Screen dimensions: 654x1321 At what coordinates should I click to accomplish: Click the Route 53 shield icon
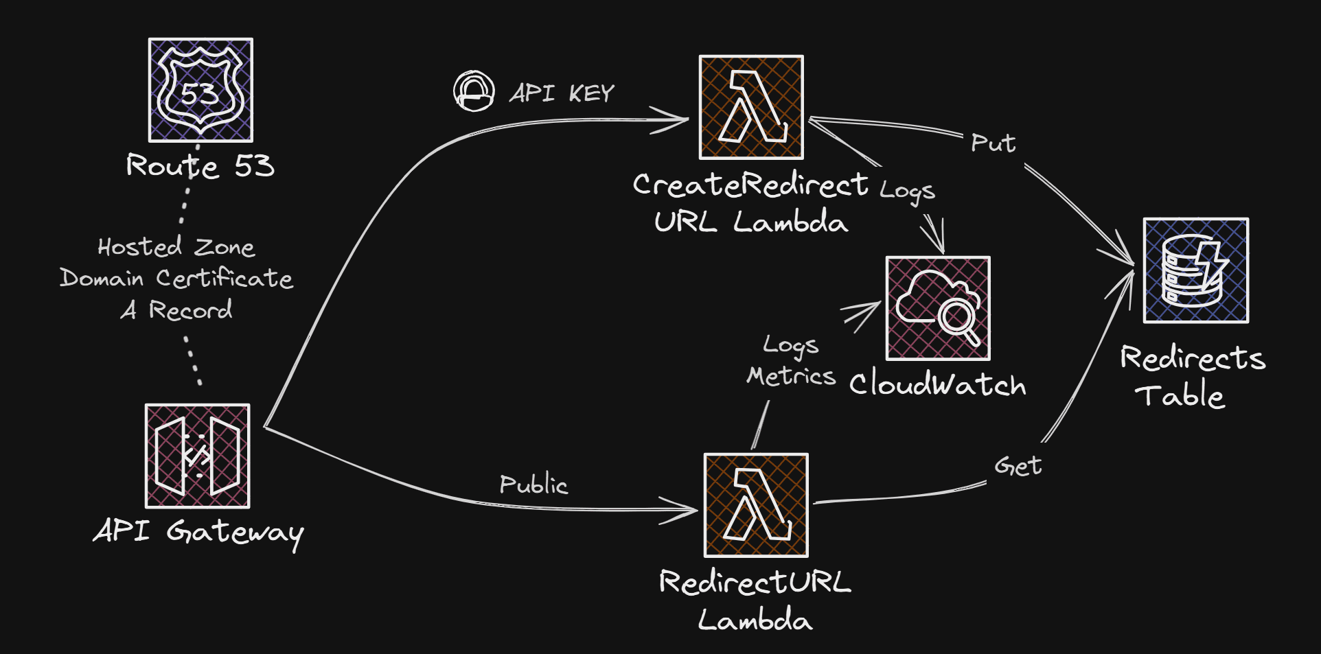coord(200,90)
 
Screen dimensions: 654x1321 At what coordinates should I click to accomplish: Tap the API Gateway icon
coord(198,456)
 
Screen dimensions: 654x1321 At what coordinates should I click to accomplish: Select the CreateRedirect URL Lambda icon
coord(751,107)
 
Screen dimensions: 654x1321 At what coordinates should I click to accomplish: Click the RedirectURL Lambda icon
coord(756,505)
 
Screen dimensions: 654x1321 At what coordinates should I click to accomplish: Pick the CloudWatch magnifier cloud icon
coord(938,308)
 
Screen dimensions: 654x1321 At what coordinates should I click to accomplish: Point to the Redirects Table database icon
coord(1195,270)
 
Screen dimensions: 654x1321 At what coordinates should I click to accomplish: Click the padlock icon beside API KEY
coord(474,91)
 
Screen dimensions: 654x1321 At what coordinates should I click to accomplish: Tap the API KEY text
coord(562,93)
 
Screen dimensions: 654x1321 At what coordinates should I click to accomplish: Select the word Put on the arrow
coord(993,143)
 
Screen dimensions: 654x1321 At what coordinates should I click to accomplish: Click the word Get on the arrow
coord(1018,466)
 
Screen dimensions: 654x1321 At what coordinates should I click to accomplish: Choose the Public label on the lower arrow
coord(533,484)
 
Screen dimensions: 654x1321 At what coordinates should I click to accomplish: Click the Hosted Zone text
coord(176,247)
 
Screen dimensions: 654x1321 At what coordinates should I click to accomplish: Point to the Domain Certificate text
coord(176,278)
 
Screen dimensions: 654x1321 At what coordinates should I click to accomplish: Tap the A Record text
coord(177,310)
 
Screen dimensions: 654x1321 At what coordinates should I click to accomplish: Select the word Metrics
coord(791,376)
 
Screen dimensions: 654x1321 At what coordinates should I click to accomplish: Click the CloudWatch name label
coord(937,384)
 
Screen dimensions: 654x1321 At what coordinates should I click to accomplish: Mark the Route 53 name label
coord(200,166)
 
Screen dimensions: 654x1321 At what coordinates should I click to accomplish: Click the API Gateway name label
coord(199,532)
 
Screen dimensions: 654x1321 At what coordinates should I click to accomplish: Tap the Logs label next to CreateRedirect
coord(907,191)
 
